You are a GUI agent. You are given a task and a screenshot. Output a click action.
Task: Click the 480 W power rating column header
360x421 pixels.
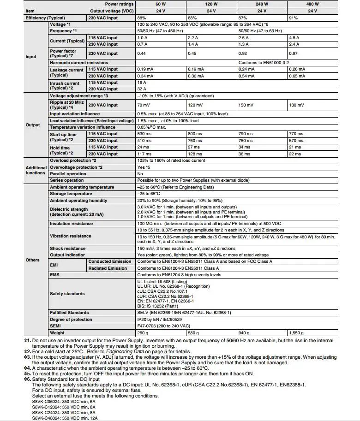tap(313, 4)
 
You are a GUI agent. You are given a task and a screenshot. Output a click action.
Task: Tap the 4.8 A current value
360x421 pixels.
tap(294, 38)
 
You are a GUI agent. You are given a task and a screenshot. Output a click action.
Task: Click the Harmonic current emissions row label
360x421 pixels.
tap(79, 63)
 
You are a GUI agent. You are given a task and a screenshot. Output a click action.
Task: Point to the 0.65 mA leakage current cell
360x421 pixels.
tap(296, 76)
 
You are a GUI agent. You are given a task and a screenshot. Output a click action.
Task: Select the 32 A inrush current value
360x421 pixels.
tap(142, 89)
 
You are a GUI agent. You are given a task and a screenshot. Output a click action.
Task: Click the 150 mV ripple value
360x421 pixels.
tap(246, 105)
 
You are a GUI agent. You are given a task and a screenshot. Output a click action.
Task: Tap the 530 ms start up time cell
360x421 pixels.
tap(144, 134)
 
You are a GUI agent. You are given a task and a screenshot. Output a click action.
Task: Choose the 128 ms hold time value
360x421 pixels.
tap(195, 154)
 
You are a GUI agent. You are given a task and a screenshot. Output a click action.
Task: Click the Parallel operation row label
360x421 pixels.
tap(68, 174)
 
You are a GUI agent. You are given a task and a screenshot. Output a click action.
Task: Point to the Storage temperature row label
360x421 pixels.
tap(71, 194)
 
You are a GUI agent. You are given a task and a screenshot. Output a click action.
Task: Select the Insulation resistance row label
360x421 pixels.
tap(71, 224)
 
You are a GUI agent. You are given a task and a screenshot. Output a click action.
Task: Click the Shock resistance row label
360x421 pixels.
tap(67, 249)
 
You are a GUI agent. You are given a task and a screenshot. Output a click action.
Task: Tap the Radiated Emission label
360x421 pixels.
tap(108, 268)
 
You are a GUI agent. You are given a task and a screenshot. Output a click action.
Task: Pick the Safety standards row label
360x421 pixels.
tap(67, 294)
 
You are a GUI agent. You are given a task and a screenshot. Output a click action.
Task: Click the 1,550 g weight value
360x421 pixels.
tap(297, 332)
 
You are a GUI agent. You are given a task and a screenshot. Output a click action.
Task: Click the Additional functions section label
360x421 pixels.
tap(36, 170)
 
